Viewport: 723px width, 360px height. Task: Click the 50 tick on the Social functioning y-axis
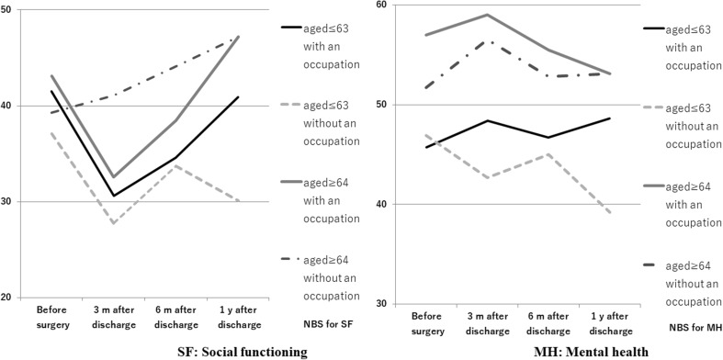8,9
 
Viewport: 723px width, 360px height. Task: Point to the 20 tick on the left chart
8,298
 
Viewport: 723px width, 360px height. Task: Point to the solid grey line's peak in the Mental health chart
486,15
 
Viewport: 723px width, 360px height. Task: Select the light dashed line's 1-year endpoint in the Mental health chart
584,213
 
